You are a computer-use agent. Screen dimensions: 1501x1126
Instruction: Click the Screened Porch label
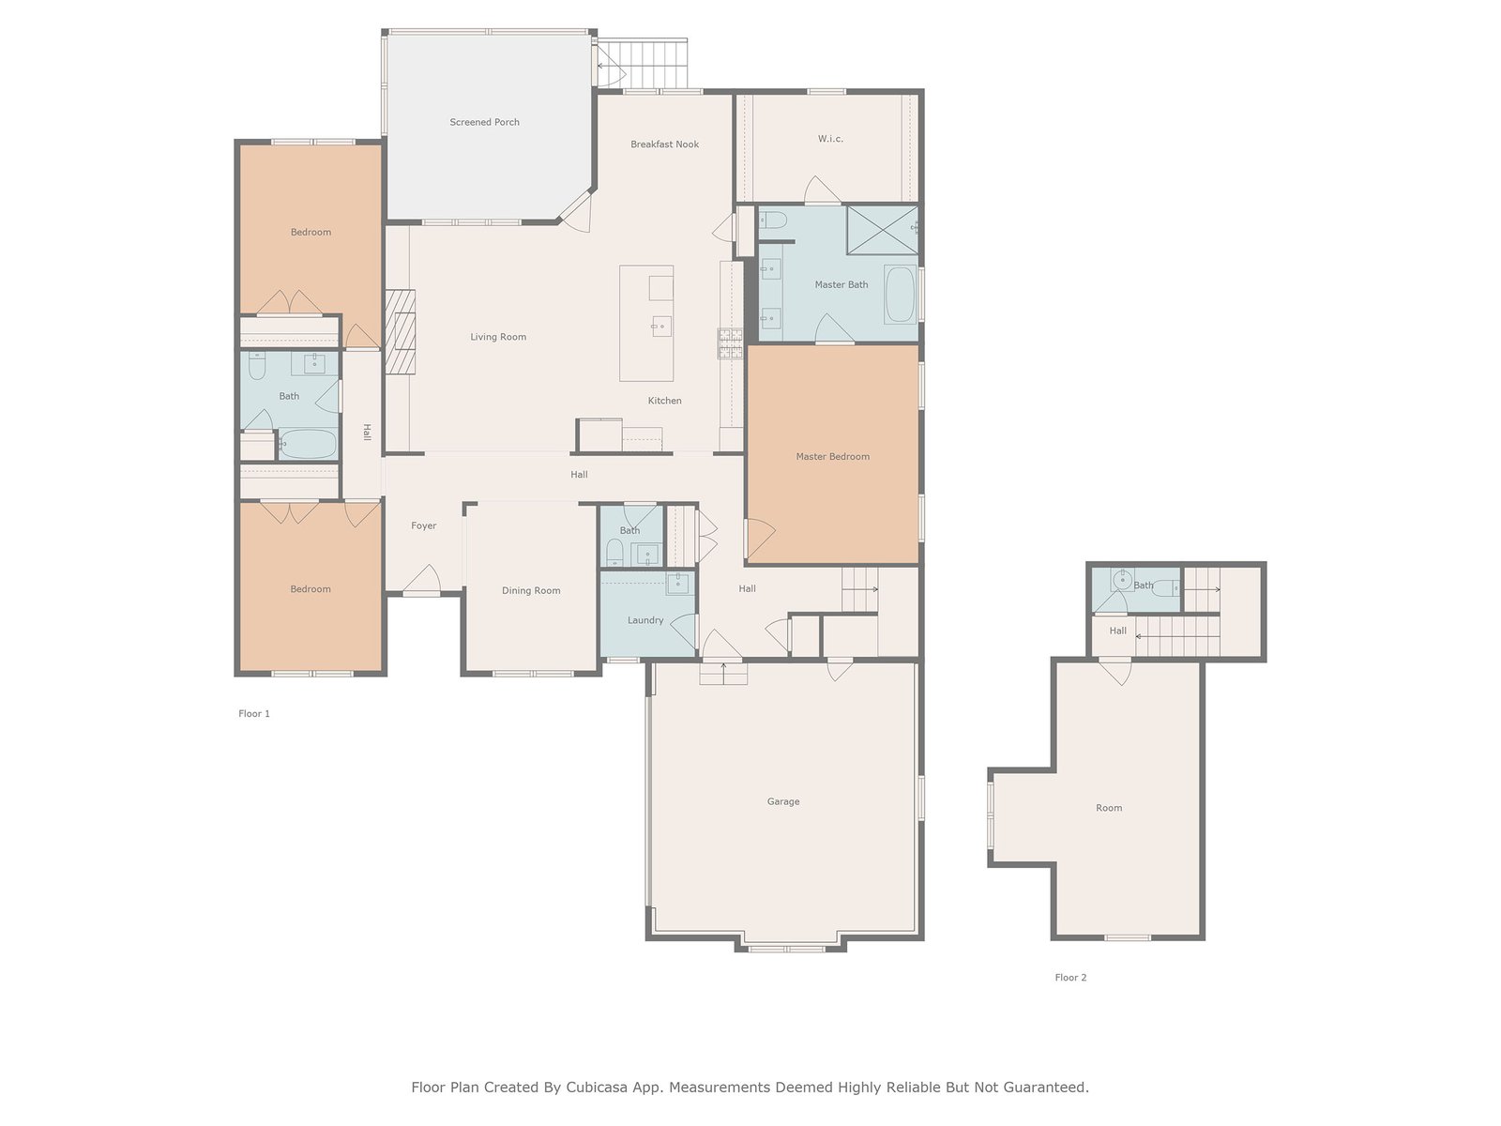pos(484,122)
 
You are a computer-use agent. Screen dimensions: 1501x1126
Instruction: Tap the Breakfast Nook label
pos(665,145)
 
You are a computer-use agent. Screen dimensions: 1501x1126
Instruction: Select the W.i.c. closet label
pos(830,139)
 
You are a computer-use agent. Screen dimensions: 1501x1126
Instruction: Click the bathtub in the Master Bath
pos(900,294)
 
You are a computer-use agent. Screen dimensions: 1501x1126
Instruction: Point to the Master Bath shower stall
pos(882,230)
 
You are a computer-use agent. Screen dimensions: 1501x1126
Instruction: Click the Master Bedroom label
pos(833,457)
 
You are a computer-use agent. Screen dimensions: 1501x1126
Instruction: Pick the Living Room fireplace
pos(400,332)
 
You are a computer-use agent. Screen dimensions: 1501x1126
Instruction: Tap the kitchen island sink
pos(660,327)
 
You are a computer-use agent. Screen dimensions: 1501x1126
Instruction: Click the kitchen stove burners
pos(730,343)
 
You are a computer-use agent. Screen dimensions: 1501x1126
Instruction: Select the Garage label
pos(783,802)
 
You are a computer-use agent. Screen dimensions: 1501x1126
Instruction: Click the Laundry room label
pos(645,621)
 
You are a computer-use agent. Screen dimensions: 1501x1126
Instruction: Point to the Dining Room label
pos(531,591)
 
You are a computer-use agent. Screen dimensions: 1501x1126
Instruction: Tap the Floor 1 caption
pos(254,714)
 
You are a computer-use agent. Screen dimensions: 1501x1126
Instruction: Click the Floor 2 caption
pos(1071,978)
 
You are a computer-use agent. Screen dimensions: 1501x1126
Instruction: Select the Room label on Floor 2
pos(1109,808)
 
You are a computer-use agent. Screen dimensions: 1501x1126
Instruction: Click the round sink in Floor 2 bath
pos(1121,581)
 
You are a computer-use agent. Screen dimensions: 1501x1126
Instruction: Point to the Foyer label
pos(423,525)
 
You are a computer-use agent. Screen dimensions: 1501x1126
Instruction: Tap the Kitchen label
pos(665,401)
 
